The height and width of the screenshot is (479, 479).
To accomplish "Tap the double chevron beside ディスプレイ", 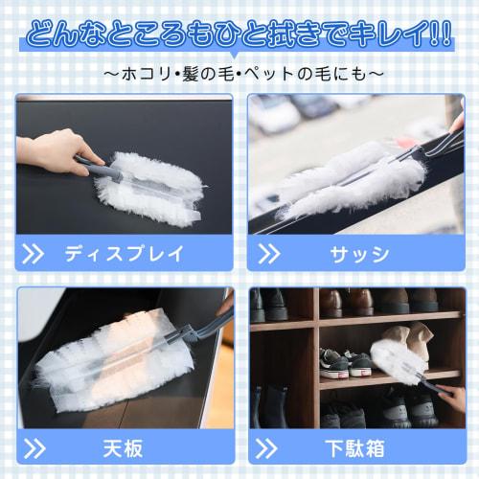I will click(33, 254).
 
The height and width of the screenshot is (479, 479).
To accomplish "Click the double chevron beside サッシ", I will click(269, 254).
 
